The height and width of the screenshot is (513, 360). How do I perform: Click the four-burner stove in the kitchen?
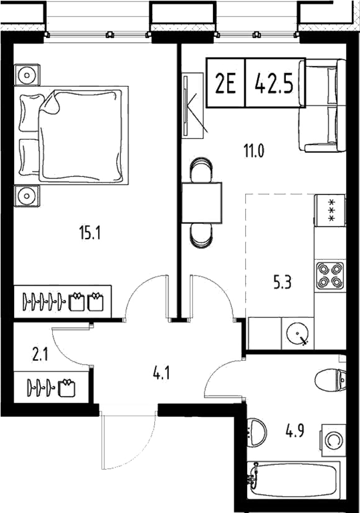[329, 273]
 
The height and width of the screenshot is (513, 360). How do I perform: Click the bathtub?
[295, 480]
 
